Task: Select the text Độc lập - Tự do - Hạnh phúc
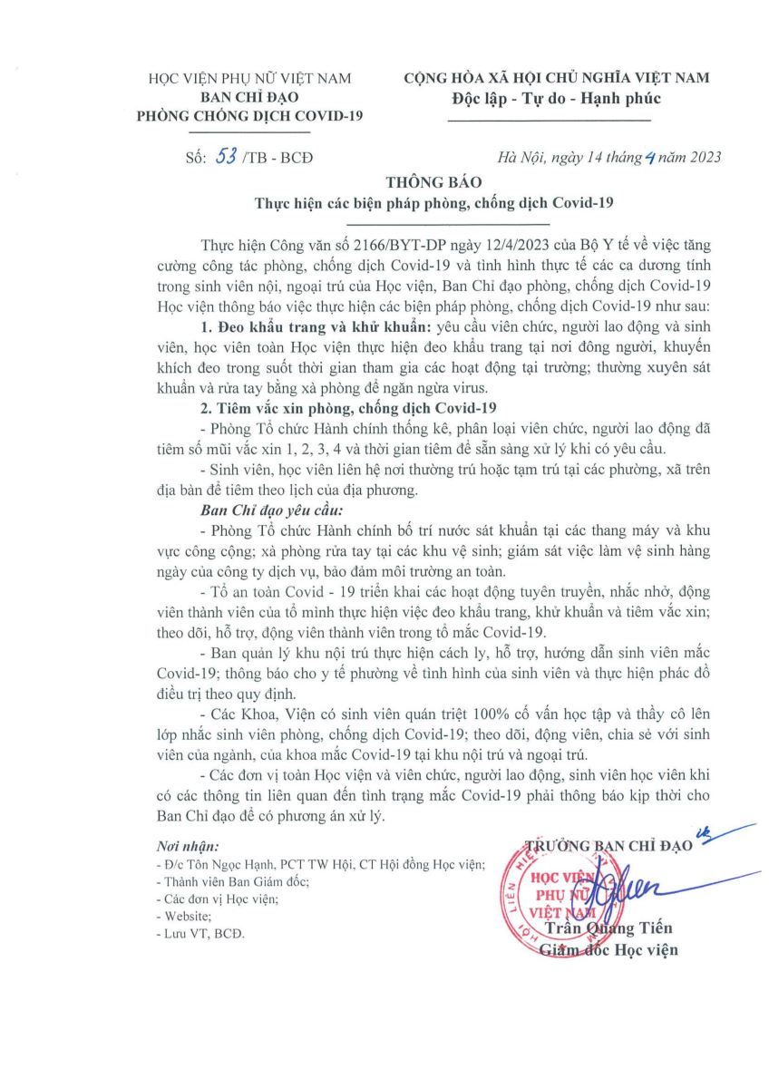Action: coord(557,98)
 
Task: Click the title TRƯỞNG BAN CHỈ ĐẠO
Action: coord(609,847)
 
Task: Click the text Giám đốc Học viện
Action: coord(608,950)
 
